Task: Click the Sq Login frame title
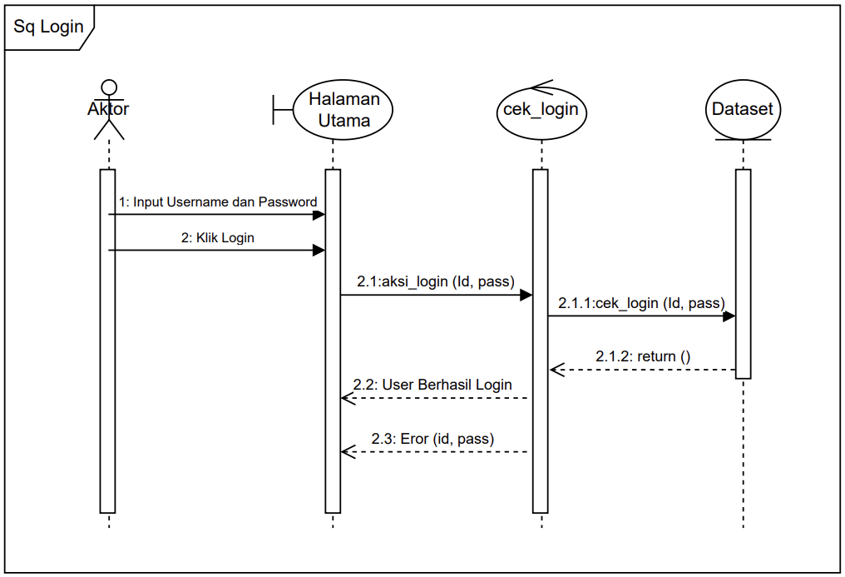(49, 27)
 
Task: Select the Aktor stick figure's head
(108, 87)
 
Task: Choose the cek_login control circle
(541, 110)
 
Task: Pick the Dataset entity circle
(742, 110)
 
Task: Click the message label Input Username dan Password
(218, 202)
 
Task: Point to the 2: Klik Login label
(218, 238)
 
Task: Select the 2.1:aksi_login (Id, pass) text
(436, 282)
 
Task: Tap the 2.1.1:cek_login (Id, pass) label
(641, 303)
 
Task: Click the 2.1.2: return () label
(643, 357)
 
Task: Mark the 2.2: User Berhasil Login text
(432, 385)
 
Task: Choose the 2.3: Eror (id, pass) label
(432, 439)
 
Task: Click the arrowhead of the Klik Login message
(319, 250)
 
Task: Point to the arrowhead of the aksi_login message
(526, 294)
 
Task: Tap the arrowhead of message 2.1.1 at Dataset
(729, 316)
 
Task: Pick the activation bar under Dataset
(743, 275)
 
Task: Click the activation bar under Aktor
(107, 341)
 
